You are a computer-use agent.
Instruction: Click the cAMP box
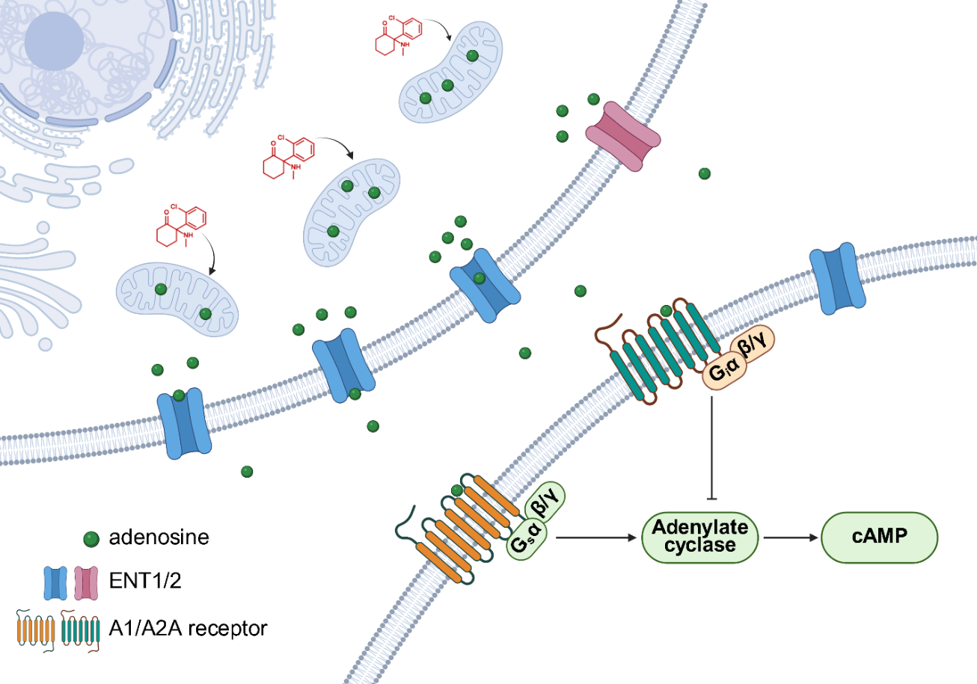(879, 537)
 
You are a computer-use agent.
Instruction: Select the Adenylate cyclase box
(699, 537)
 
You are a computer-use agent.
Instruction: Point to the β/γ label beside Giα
(752, 344)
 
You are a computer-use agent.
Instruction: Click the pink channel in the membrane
(622, 136)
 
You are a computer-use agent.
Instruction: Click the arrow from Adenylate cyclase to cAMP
(789, 537)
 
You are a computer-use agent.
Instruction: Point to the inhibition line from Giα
(712, 449)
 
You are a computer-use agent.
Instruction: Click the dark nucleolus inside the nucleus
(54, 41)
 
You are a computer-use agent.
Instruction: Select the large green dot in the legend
(91, 539)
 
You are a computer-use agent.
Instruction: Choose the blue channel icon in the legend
(55, 583)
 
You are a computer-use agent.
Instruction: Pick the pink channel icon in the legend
(86, 583)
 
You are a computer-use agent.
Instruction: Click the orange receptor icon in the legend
(36, 630)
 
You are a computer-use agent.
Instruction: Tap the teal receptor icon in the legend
(81, 630)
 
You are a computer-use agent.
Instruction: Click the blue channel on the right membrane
(837, 278)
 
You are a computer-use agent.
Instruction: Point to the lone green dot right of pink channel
(705, 173)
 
